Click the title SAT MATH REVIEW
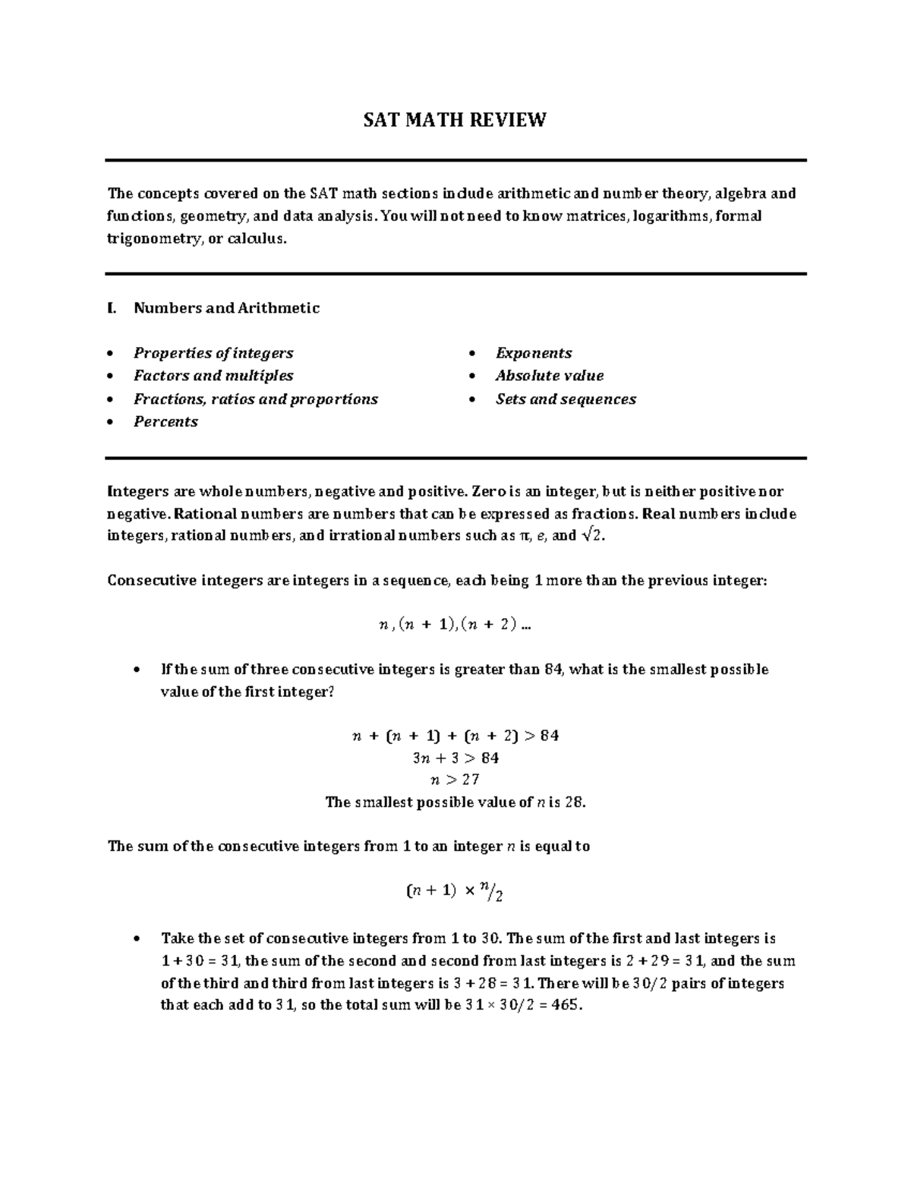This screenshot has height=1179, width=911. point(455,120)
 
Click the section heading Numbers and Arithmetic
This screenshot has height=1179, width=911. point(226,307)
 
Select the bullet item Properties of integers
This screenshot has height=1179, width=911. point(213,353)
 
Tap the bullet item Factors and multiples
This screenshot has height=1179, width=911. point(213,376)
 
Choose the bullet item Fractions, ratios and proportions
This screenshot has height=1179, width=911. point(256,399)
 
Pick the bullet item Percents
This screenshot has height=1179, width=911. point(165,422)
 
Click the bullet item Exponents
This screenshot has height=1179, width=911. point(534,353)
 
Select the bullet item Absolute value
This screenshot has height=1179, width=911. point(550,376)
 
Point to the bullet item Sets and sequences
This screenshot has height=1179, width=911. point(566,399)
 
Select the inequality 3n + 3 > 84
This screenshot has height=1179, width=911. point(455,758)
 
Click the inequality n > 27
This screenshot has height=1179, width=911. point(455,780)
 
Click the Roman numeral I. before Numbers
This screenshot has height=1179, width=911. point(112,307)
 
